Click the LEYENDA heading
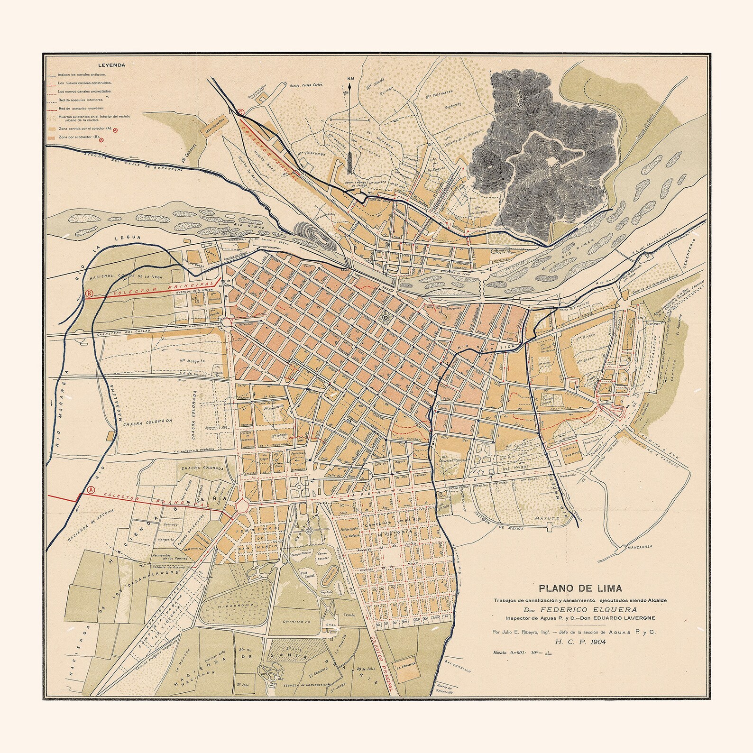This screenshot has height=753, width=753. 111,65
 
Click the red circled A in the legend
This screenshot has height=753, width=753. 115,129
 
